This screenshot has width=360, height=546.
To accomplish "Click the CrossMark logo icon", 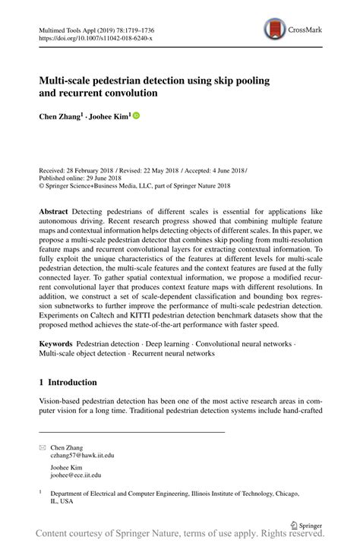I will pyautogui.click(x=274, y=30).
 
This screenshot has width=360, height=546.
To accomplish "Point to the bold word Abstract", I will pyautogui.click(x=55, y=209).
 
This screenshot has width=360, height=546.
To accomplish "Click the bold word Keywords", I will pyautogui.click(x=58, y=344).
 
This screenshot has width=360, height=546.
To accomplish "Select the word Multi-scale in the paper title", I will pyautogui.click(x=68, y=80).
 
